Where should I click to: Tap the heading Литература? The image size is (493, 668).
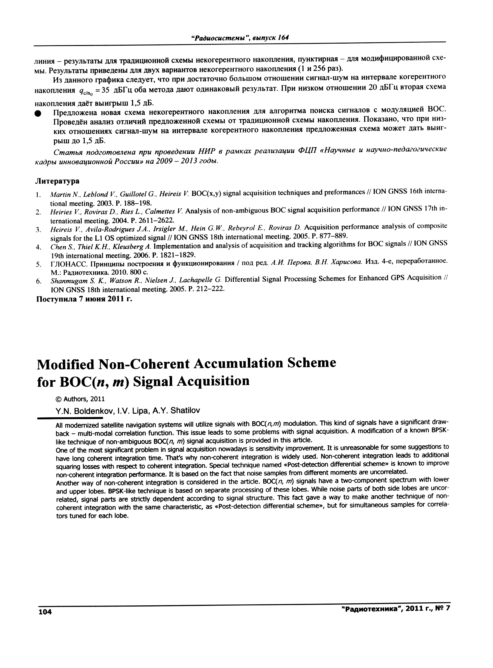click(x=57, y=181)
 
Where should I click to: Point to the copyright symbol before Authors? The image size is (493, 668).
click(x=59, y=399)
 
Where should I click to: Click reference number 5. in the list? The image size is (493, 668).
click(x=38, y=264)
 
